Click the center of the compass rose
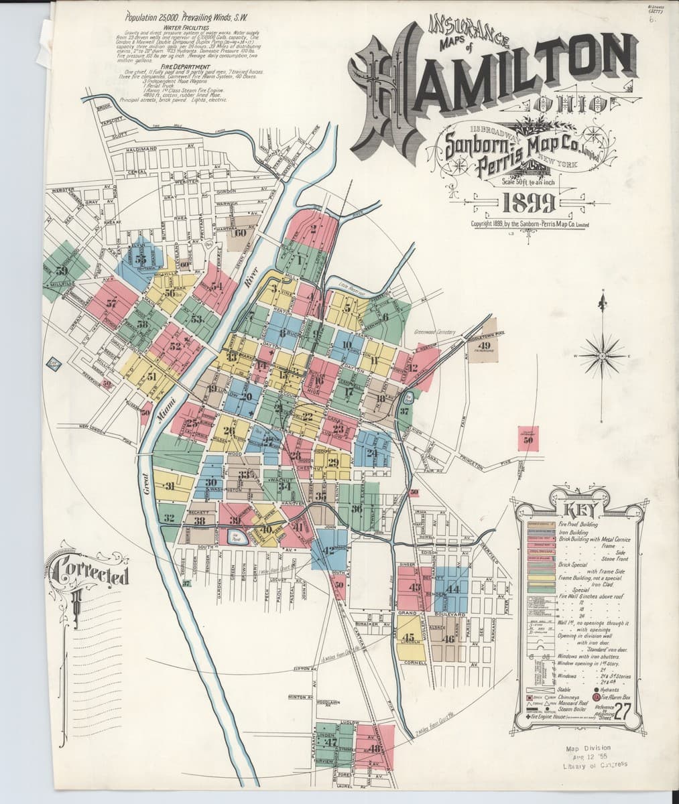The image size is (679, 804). (601, 356)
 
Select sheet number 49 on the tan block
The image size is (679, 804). (485, 345)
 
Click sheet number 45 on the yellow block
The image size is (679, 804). (410, 636)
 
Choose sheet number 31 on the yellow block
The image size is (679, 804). (170, 486)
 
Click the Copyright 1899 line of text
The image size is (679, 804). (530, 224)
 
